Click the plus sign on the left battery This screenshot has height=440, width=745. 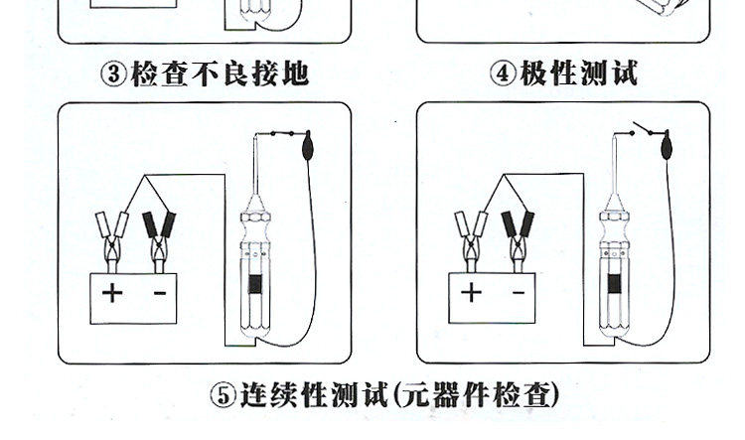(x=114, y=293)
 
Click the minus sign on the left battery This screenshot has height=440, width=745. (x=159, y=293)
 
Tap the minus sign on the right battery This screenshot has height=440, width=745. (x=518, y=293)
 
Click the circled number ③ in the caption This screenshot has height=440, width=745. (x=116, y=73)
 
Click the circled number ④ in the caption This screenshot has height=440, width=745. (x=504, y=73)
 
